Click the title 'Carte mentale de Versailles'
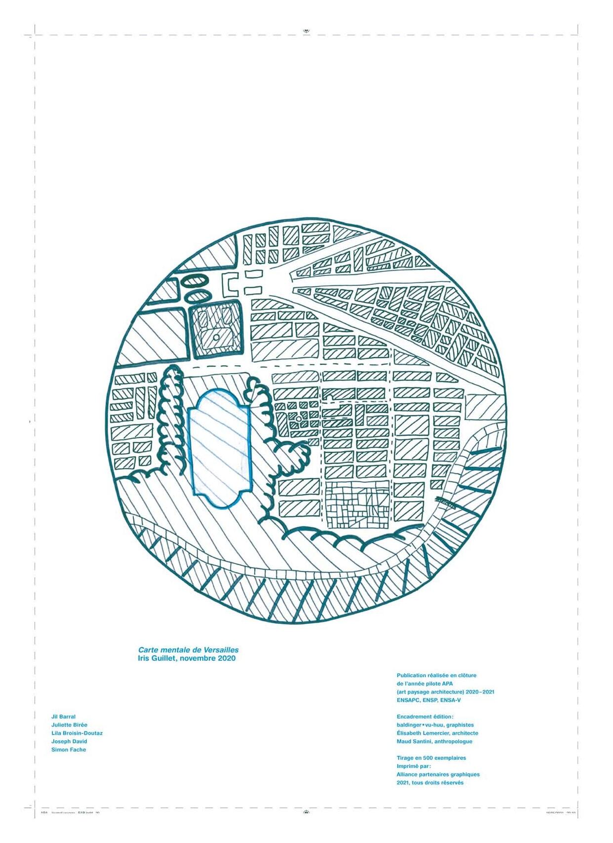point(188,650)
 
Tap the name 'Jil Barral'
point(64,717)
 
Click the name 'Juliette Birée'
point(69,725)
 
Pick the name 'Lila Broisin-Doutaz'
point(77,733)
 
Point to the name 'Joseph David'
point(69,741)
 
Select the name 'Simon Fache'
point(69,750)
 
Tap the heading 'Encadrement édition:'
point(425,717)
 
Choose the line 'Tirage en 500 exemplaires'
point(431,758)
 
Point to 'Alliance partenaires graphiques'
point(438,774)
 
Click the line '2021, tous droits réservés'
point(430,783)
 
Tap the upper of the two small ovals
point(196,281)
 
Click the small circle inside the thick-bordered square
point(217,338)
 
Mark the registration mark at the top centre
point(306,31)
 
